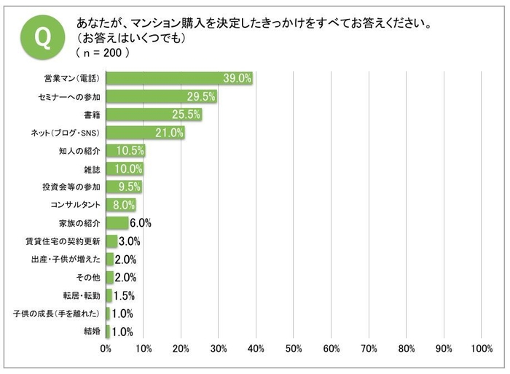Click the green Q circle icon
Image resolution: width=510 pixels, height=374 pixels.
point(42,35)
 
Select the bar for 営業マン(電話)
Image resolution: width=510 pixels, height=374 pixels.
point(179,78)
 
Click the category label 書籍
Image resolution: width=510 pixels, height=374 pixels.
point(92,114)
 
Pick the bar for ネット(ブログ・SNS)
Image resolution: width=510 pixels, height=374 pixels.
point(145,133)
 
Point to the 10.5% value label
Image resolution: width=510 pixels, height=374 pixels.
point(132,151)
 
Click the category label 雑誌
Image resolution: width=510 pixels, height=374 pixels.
point(92,169)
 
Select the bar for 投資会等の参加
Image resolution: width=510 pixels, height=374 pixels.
point(124,187)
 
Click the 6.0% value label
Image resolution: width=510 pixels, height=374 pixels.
point(140,223)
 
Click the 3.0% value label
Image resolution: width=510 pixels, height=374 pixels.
point(129,241)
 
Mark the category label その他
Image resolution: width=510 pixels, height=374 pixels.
point(87,278)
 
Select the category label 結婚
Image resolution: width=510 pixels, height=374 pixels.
point(92,332)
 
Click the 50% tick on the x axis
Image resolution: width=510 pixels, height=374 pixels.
point(294,349)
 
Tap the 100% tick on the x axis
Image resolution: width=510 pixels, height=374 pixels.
point(481,349)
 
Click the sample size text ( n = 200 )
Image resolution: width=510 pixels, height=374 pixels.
point(103,53)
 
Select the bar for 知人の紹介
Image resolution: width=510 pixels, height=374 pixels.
point(125,151)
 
